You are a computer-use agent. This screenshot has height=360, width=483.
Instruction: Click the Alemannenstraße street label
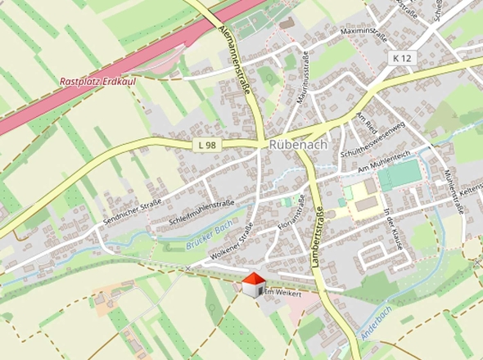[237, 55]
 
